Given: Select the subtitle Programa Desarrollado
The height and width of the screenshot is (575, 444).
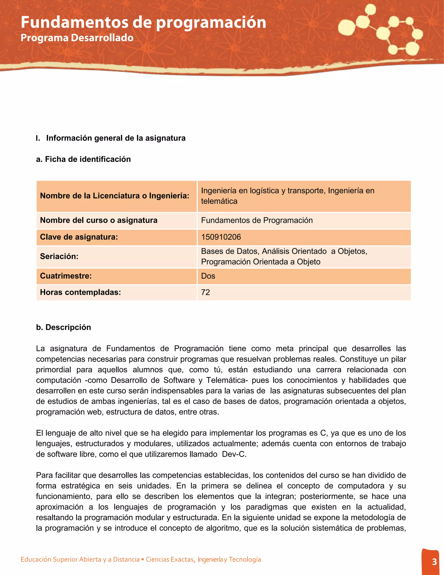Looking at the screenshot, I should (77, 38).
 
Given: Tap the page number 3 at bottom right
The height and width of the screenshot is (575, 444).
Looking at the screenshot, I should (434, 562).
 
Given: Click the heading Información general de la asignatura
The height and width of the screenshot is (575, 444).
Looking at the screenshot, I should (116, 138).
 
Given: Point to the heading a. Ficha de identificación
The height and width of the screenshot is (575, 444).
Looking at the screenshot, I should (83, 159).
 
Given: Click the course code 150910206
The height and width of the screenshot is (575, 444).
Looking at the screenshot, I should (221, 237).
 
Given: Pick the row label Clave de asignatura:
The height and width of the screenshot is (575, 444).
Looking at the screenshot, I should (79, 237).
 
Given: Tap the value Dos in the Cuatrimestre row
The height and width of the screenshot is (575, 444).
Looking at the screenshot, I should (208, 276).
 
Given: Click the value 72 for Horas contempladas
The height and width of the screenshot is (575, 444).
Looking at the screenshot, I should (206, 292).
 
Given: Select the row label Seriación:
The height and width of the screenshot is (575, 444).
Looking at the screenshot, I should (59, 256).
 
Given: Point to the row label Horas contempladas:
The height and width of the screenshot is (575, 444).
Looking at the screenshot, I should (80, 292).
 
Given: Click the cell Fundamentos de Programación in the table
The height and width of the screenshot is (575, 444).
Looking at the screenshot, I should (257, 220).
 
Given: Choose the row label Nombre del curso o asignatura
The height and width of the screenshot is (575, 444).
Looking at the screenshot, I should (99, 220).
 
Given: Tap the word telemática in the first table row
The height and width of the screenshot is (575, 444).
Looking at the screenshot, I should (219, 201).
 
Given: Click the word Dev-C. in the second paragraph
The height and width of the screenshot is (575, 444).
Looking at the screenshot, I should (234, 454).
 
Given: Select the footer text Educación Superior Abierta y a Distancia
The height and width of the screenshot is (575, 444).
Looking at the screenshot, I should (80, 559).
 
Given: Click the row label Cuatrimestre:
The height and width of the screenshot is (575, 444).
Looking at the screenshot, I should (66, 276).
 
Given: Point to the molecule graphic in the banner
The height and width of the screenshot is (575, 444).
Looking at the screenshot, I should (381, 30).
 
